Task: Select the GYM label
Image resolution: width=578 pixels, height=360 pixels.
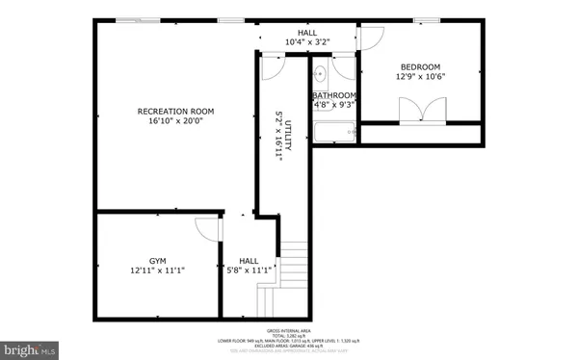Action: click(x=158, y=261)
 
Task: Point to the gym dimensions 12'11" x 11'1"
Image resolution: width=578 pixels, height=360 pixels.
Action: click(x=158, y=271)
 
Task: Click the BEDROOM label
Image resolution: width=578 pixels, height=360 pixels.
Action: click(x=421, y=66)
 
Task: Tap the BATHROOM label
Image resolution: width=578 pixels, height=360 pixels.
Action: click(x=334, y=95)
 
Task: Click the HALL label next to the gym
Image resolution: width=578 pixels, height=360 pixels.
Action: click(x=249, y=261)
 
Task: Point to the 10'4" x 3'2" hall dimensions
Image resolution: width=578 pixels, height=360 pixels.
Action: click(x=307, y=42)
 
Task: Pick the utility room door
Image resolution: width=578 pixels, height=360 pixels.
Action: click(x=273, y=65)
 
